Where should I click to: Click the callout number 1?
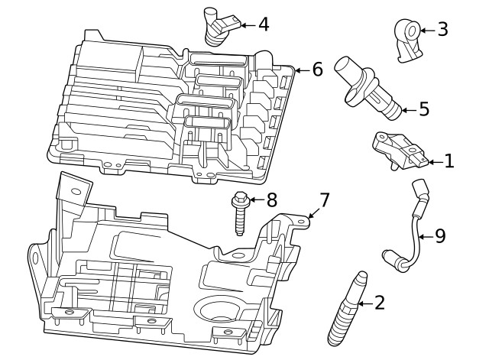point(449,161)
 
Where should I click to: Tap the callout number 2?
point(379,303)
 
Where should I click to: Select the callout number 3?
point(442,30)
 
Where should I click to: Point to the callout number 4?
point(263,24)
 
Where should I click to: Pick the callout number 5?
point(424,109)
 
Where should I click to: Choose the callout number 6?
point(317,70)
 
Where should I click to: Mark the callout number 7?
point(324,200)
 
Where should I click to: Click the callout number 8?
point(271,200)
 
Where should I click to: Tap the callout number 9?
point(439,236)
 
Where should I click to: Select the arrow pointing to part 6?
point(300,70)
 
